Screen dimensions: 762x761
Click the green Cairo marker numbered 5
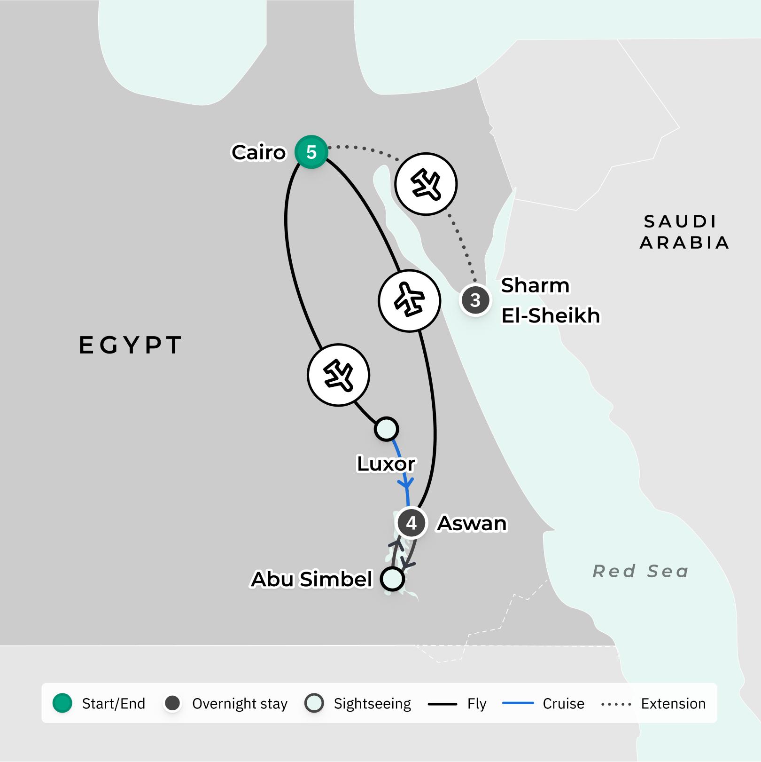311,152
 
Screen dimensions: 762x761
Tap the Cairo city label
258,152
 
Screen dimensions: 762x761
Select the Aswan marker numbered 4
412,523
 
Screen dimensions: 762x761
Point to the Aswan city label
472,523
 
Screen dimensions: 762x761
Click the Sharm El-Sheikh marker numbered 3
475,300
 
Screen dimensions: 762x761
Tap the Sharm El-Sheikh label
550,300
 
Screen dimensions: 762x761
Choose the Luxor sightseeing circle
387,429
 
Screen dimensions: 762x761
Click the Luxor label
386,463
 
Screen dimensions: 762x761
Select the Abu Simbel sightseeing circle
393,579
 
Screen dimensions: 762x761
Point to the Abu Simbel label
311,579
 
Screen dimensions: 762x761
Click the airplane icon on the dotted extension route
426,184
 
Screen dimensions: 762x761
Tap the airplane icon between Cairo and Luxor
339,375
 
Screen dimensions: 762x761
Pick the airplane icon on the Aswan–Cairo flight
410,300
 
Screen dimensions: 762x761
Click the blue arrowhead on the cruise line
405,483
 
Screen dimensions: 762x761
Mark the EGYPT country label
130,345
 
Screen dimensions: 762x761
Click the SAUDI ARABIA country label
683,232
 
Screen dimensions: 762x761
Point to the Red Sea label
641,571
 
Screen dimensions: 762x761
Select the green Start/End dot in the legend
62,703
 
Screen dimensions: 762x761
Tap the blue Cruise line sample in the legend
518,703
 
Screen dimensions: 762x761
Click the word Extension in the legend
673,703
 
